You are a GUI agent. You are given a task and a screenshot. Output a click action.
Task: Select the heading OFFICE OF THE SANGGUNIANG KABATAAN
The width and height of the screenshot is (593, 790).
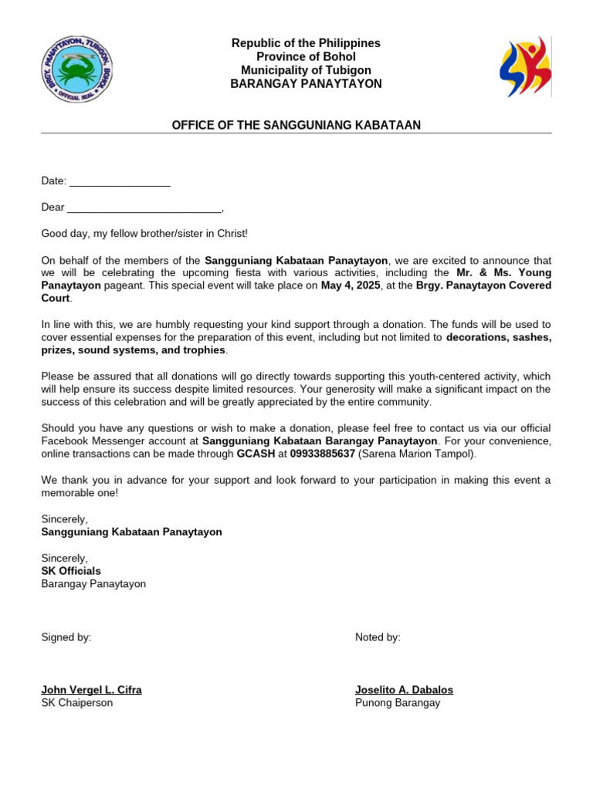296,125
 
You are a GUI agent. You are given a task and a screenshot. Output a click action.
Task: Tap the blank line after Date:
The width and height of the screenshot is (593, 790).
120,181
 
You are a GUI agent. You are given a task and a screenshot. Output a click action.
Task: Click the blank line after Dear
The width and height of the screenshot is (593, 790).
144,208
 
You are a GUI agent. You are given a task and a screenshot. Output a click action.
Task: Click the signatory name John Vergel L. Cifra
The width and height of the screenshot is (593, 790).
91,690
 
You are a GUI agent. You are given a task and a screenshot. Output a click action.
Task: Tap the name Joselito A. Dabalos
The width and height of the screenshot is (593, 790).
404,690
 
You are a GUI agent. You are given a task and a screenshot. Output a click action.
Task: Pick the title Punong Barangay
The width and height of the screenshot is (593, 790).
398,703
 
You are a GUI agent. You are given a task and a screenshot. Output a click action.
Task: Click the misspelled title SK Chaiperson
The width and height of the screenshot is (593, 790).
76,703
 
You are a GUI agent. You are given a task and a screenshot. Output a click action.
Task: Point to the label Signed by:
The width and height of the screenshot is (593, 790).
66,637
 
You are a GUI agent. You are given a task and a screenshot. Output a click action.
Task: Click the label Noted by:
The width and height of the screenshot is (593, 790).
378,637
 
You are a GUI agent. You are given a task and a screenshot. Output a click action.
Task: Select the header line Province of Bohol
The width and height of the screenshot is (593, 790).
306,56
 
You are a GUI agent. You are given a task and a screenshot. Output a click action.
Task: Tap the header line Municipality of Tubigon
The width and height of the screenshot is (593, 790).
306,70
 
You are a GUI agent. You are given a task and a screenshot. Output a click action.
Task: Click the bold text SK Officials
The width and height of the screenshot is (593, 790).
71,571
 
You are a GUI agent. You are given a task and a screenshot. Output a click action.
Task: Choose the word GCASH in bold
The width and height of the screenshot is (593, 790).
256,454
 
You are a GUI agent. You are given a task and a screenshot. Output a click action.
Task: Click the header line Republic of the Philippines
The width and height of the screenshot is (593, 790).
306,43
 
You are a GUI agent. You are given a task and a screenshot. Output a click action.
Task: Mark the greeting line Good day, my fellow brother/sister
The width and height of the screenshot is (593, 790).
144,234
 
